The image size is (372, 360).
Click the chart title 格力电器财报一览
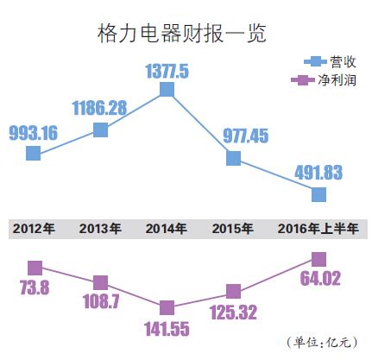coord(181,35)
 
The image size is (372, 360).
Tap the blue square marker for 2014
coord(167,89)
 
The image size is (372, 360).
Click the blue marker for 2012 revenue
coord(34,153)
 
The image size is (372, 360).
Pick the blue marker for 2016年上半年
coord(318,193)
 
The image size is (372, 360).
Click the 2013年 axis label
coord(100,229)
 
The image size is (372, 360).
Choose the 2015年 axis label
coord(232,229)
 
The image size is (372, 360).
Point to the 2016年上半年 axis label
coord(318,229)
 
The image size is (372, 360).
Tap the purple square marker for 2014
coord(167,307)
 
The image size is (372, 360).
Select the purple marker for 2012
coord(35,268)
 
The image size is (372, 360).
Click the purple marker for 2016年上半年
coord(318,258)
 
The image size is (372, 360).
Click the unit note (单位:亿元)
coord(318,342)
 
